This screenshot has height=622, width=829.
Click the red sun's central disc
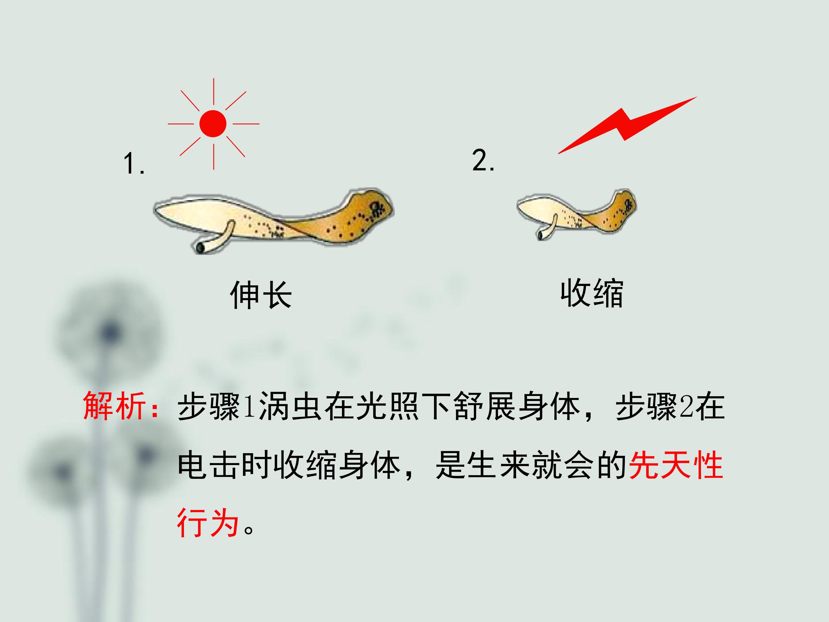[x=213, y=123]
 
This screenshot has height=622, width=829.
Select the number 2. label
[x=483, y=160]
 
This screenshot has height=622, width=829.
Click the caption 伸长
[x=261, y=295]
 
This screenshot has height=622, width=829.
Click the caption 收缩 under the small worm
[x=592, y=293]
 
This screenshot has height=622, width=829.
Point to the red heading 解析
[x=114, y=406]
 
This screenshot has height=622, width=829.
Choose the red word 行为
[x=208, y=523]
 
